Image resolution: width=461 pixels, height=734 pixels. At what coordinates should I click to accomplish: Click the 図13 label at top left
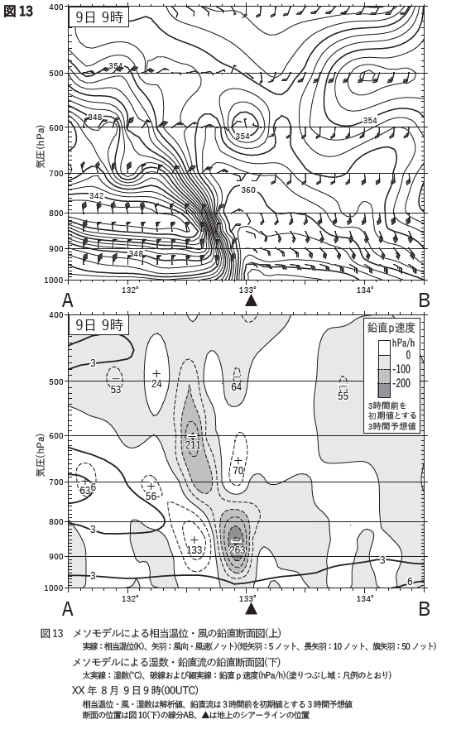coord(18,12)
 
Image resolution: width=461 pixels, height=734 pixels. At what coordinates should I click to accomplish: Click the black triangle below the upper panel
coord(252,300)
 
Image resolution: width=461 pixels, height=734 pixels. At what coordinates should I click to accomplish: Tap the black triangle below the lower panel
coord(252,607)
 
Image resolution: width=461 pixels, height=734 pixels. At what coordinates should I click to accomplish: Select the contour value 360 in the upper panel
coord(248,190)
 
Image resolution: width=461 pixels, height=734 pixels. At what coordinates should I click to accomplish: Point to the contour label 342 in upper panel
coord(96,195)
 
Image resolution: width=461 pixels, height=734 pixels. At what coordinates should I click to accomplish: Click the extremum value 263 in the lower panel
coord(238,549)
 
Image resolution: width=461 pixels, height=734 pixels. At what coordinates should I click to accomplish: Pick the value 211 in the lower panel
coord(192,444)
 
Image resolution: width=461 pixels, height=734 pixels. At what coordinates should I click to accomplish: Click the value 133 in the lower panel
coord(194,549)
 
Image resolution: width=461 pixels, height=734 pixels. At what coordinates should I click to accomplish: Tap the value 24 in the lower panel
coord(156,383)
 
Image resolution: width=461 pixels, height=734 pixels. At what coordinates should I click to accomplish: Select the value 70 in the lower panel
coord(238,471)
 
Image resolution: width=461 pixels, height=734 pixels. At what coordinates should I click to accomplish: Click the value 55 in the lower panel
coord(343,396)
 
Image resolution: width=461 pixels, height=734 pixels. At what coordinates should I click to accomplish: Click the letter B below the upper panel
coord(424,300)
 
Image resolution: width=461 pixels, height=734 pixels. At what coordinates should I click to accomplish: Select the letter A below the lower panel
coord(67,608)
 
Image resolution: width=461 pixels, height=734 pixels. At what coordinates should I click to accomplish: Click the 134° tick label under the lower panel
coord(365,597)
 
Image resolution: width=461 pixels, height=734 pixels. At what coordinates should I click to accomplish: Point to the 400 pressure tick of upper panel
coord(57,7)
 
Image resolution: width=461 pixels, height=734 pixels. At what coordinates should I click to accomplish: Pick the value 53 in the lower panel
coord(115,390)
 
